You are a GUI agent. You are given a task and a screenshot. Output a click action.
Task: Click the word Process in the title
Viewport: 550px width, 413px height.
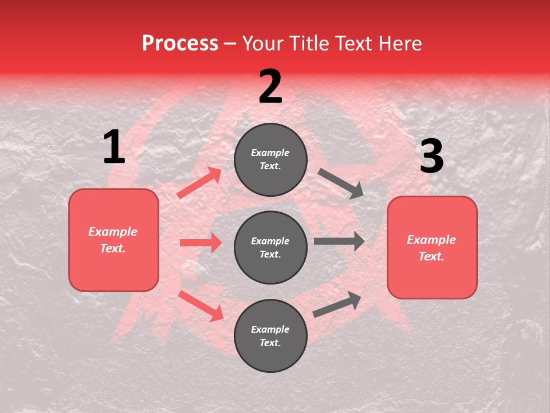[180, 44]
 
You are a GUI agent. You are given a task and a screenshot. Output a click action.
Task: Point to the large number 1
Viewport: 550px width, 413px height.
[114, 147]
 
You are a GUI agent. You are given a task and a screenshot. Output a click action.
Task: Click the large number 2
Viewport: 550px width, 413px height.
[270, 87]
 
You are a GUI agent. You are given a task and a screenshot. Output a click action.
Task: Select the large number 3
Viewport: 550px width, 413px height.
[431, 157]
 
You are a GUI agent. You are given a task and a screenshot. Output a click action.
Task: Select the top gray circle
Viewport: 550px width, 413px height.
[270, 159]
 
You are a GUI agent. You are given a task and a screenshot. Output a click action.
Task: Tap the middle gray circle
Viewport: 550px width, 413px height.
[270, 248]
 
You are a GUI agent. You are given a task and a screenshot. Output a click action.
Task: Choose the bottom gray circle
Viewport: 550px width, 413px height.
[270, 336]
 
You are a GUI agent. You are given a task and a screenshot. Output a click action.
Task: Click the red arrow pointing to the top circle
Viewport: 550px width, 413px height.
[199, 183]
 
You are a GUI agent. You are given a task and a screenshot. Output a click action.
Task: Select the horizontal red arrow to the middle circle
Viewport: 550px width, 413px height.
[201, 243]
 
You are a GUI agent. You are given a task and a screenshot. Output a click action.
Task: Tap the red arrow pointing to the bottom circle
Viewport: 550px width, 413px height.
[201, 305]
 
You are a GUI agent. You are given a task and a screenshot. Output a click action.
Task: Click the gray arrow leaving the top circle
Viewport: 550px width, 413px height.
[340, 184]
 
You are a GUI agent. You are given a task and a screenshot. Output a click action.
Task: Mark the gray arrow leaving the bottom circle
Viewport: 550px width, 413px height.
[337, 305]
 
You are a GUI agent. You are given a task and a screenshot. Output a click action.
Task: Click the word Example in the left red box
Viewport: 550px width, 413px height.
[113, 232]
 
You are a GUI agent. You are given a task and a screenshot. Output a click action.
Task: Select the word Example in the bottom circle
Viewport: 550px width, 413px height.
[270, 329]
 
